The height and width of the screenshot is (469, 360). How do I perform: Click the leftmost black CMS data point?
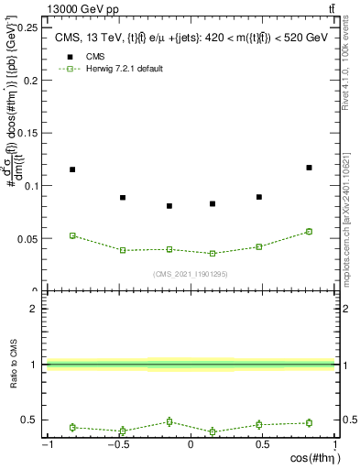tap(72, 169)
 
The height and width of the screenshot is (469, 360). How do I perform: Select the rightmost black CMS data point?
tap(309, 168)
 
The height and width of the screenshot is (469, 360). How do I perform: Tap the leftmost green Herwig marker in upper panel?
tap(72, 235)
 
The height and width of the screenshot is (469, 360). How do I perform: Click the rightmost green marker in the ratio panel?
tap(309, 423)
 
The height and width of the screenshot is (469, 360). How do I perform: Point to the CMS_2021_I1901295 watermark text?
tap(190, 274)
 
